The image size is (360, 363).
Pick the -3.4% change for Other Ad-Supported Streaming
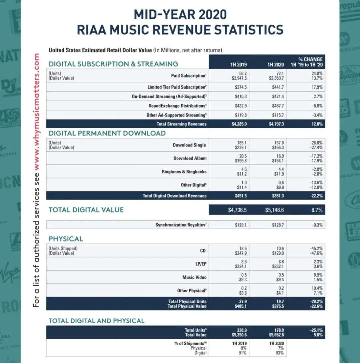318,115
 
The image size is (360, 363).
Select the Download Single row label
189,145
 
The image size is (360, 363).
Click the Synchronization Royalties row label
181,225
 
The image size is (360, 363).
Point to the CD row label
203,250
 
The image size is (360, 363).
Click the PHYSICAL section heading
66,239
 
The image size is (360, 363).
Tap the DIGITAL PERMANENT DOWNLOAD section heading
107,133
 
